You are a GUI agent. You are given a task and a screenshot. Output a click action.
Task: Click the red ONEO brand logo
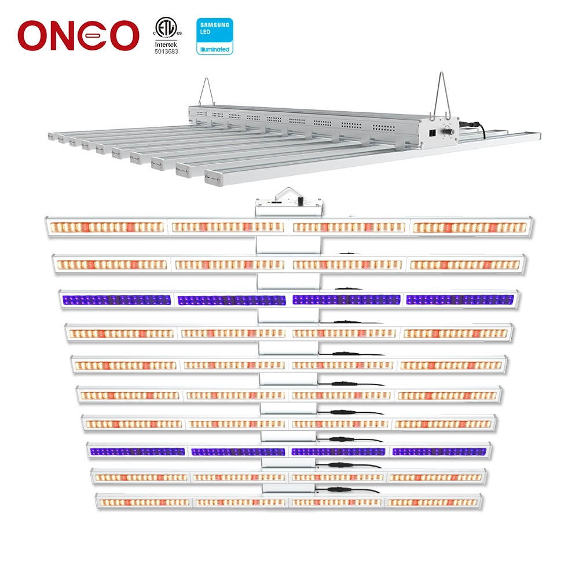pos(78,35)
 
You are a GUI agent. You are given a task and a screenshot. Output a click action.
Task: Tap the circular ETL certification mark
pos(165,27)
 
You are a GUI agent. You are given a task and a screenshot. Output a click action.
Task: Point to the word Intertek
pos(166,44)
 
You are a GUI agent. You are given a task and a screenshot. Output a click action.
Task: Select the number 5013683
pos(166,52)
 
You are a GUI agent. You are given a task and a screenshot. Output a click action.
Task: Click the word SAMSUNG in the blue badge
pos(215,24)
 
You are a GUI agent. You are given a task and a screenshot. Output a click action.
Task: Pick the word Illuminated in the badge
pos(215,50)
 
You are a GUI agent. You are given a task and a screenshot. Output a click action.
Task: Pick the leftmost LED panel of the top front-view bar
pos(107,227)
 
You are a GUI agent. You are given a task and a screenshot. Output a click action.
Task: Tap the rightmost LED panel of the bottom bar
pos(433,502)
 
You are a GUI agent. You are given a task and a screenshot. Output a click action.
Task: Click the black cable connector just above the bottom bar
pos(336,489)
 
